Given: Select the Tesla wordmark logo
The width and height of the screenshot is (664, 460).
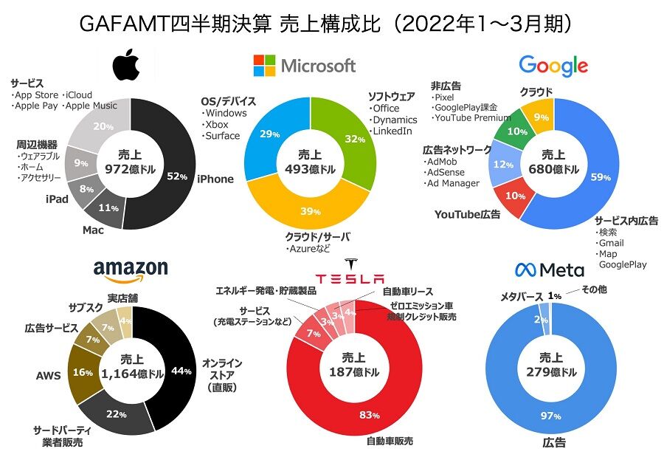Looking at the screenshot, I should tap(350, 278).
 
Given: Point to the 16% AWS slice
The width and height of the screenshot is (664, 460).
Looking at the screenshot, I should tap(81, 372).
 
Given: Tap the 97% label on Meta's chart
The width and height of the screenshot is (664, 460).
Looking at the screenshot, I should tap(551, 416).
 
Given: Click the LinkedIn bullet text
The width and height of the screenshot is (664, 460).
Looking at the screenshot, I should tap(392, 131).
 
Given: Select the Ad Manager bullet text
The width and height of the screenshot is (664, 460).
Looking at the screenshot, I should tap(452, 183).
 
